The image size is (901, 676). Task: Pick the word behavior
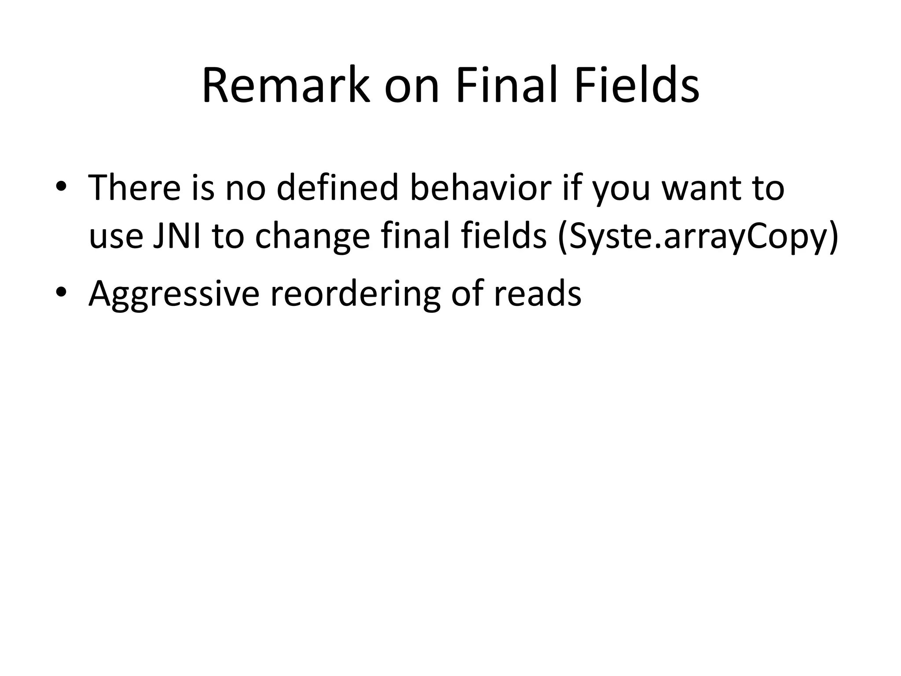coord(480,188)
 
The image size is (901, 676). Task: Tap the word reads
coord(537,294)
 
